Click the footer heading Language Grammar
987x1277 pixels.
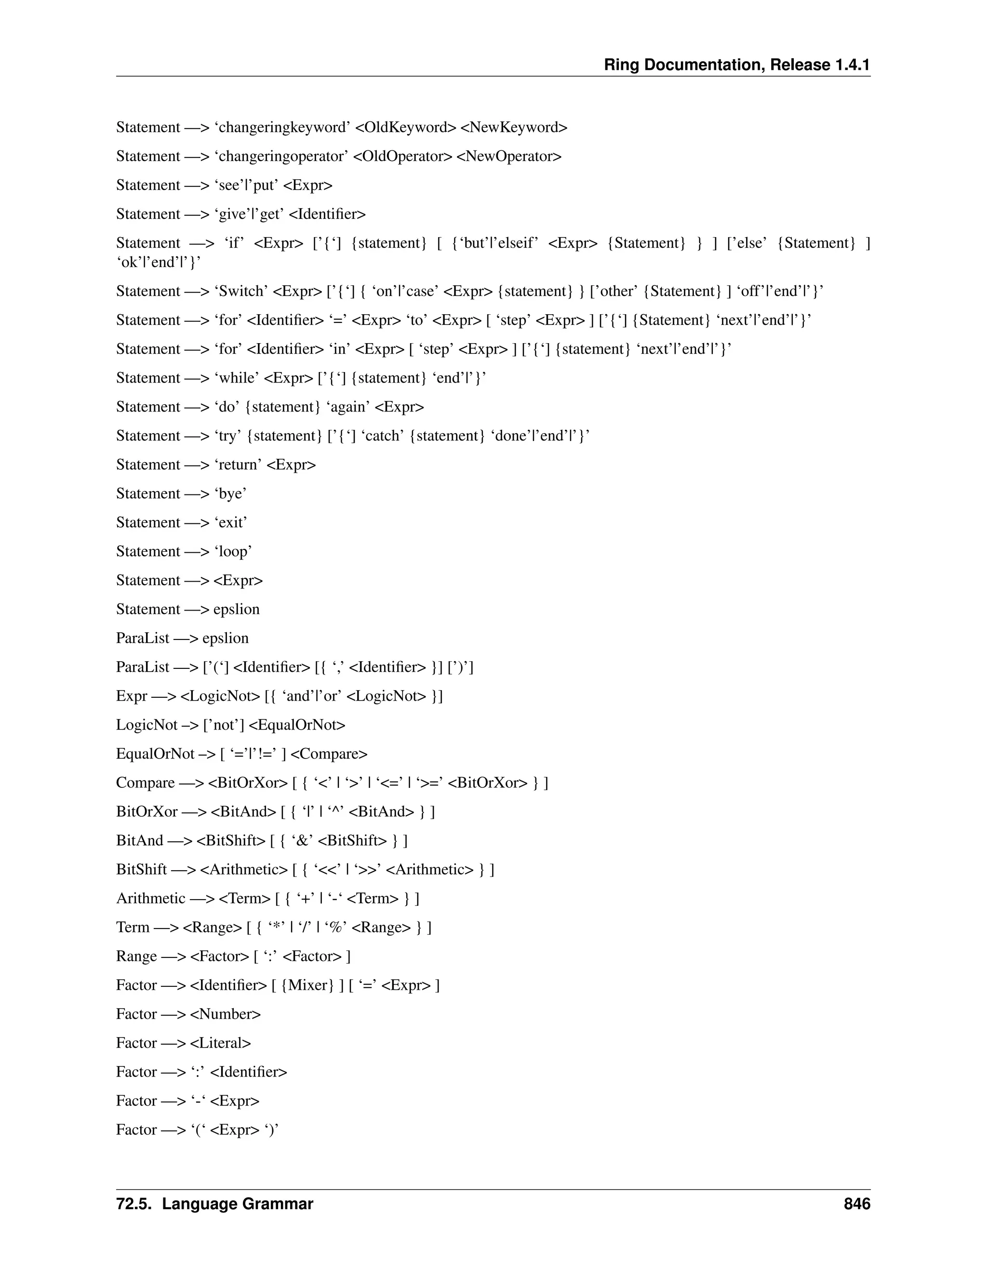pyautogui.click(x=238, y=1204)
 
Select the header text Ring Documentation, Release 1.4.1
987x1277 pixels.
pyautogui.click(x=737, y=65)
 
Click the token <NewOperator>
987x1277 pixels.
pyautogui.click(x=509, y=157)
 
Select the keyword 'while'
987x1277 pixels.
pyautogui.click(x=237, y=378)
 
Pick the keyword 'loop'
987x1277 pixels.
pyautogui.click(x=233, y=551)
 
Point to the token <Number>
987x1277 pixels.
pyautogui.click(x=225, y=1014)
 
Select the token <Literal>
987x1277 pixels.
pyautogui.click(x=220, y=1043)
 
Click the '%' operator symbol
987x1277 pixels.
pyautogui.click(x=335, y=927)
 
